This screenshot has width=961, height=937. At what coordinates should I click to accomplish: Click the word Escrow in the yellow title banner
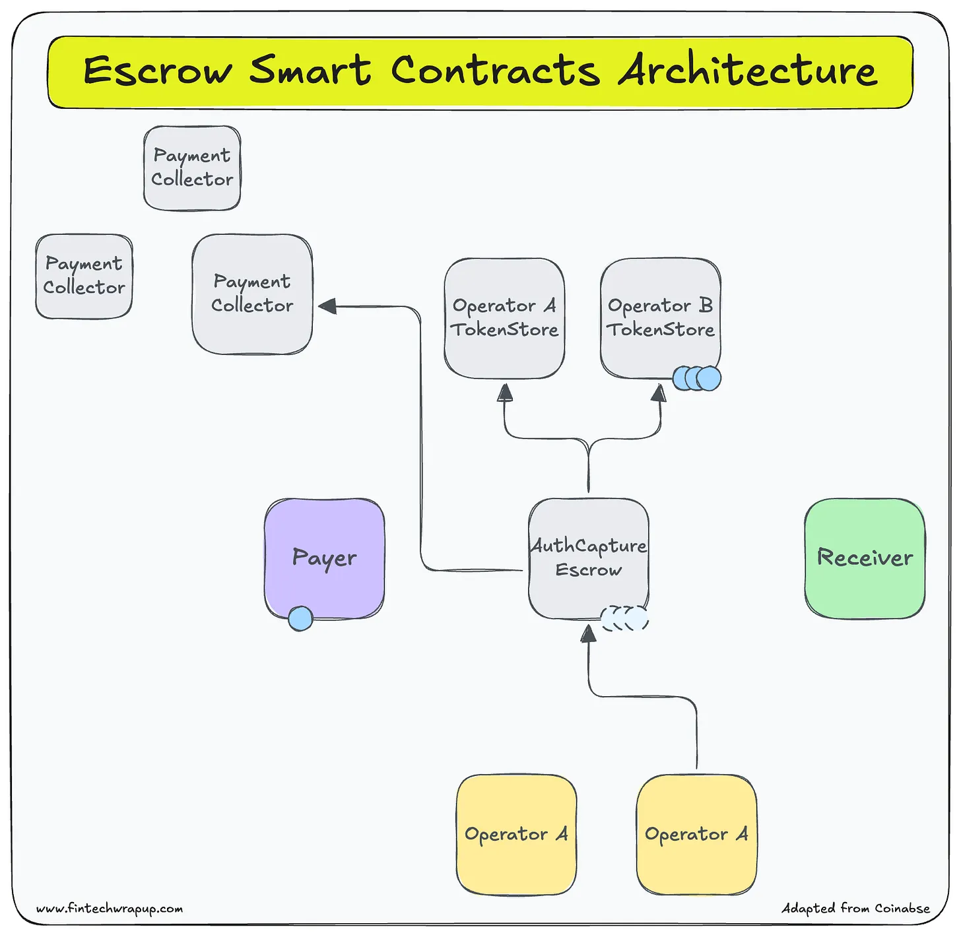pos(157,71)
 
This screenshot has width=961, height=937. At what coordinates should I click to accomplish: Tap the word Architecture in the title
pos(748,71)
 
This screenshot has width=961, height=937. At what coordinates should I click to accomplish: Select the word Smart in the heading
pos(310,71)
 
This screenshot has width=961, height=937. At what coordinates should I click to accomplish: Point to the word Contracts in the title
pos(495,71)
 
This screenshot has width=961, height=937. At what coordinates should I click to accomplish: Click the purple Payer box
pos(324,558)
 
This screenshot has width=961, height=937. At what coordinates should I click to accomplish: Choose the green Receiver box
pos(865,558)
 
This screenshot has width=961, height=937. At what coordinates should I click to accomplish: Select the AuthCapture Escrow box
pos(588,558)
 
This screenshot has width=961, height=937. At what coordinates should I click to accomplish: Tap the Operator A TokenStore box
pos(504,317)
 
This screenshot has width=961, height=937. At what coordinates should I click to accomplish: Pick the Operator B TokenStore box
pos(660,317)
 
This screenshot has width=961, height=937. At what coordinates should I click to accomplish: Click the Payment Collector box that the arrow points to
pos(252,294)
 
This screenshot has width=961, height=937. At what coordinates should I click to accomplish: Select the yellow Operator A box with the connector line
pos(696,834)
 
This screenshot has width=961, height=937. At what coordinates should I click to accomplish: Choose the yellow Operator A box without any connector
pos(516,834)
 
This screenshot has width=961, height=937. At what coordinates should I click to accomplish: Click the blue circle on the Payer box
pos(300,618)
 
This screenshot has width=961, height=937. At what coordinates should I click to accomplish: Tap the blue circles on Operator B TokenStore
pos(697,379)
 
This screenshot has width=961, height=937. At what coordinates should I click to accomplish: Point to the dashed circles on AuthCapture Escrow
pos(624,618)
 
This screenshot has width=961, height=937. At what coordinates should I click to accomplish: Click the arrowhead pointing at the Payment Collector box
pos(327,306)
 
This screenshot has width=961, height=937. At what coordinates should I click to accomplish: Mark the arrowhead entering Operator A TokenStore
pos(505,393)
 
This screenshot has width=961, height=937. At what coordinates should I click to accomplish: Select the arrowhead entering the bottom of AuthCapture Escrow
pos(588,633)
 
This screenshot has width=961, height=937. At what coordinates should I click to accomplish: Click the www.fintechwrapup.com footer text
pos(110,909)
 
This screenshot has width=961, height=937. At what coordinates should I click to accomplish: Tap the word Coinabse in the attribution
pos(902,909)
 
